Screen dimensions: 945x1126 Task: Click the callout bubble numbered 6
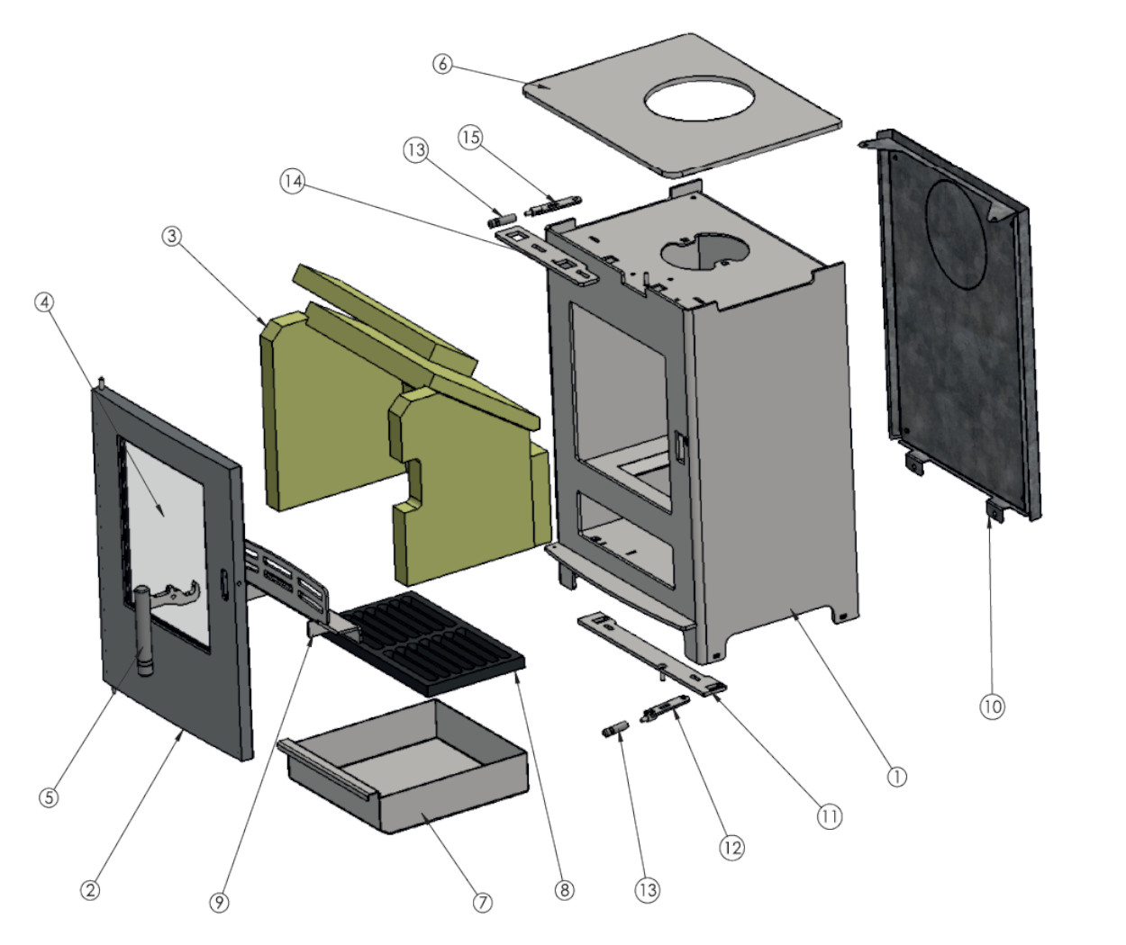tap(442, 64)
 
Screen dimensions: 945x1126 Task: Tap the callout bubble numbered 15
tap(470, 137)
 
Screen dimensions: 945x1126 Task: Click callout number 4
tap(44, 302)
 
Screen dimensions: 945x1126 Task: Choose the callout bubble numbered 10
tap(992, 706)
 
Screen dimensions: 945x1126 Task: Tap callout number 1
tap(896, 776)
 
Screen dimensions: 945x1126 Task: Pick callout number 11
tap(829, 816)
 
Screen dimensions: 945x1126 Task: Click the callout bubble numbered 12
tap(731, 847)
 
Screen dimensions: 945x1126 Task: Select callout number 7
tap(483, 901)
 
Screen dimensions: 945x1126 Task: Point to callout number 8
tap(564, 889)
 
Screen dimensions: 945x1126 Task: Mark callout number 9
tap(220, 902)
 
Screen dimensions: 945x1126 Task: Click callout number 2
tap(90, 890)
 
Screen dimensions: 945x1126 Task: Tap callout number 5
tap(49, 796)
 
